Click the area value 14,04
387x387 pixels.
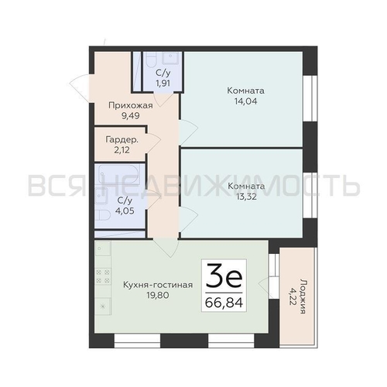(245, 101)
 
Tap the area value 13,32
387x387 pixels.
(246, 197)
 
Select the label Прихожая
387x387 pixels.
(131, 105)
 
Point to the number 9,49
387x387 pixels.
(131, 116)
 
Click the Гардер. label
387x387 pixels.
(122, 140)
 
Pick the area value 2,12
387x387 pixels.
(122, 150)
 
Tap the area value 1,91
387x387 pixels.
(163, 84)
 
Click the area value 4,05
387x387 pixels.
(125, 211)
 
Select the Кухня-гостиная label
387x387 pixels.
(158, 285)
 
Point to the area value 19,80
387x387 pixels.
(158, 295)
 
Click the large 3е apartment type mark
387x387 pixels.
(224, 276)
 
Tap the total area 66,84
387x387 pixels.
(224, 303)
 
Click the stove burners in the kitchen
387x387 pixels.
(103, 276)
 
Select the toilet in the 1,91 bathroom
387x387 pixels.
(150, 60)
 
